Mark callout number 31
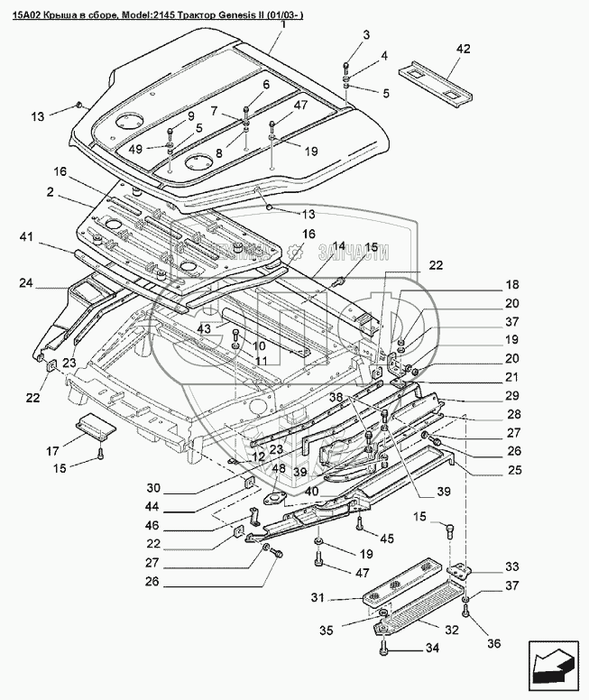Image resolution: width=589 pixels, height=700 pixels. click(x=318, y=597)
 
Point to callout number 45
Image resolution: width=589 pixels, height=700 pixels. click(x=388, y=539)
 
